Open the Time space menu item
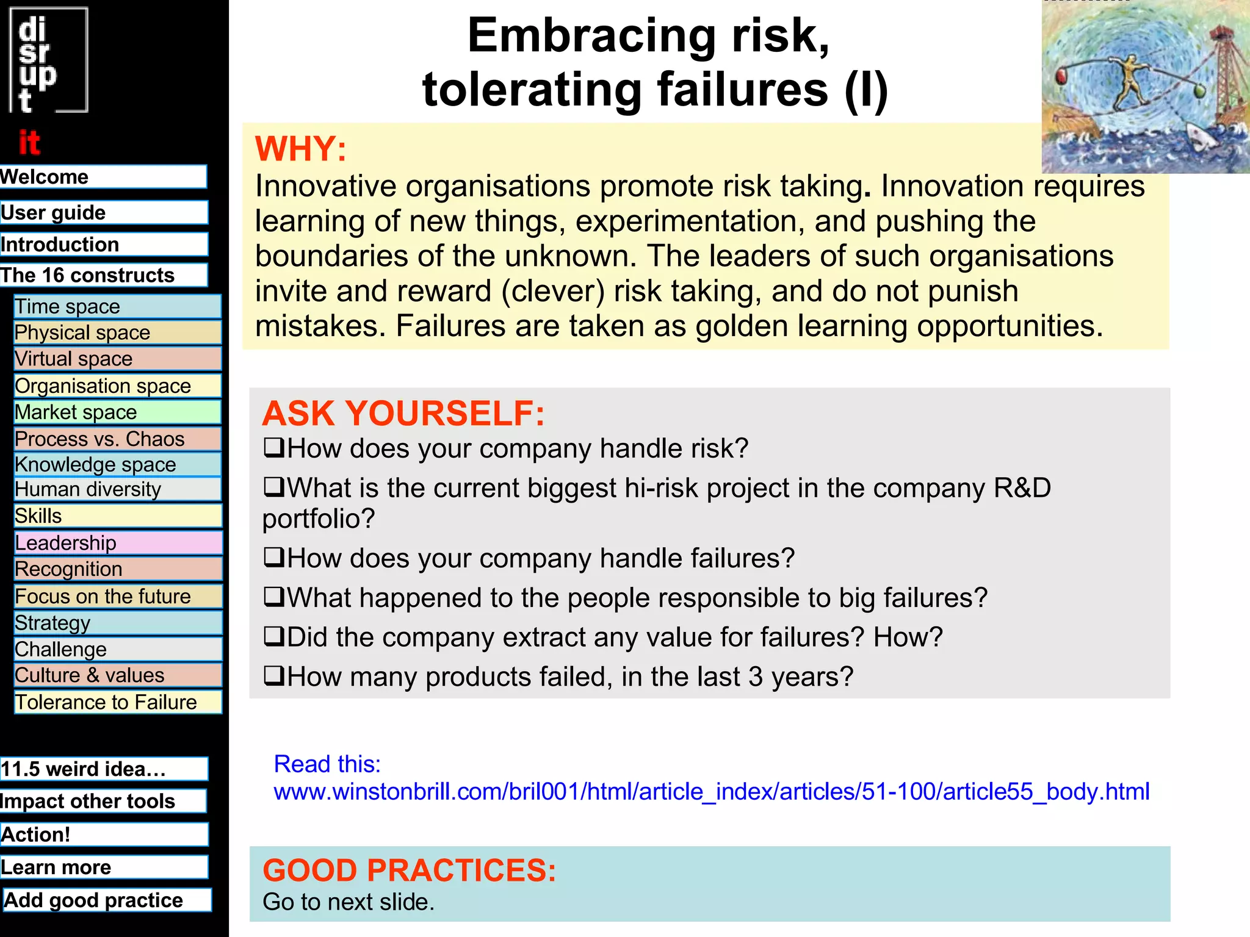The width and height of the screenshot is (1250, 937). (117, 306)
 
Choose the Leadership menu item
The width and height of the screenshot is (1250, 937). (117, 542)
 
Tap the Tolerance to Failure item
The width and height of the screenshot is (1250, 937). (117, 702)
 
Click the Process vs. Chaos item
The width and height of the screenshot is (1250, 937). (117, 439)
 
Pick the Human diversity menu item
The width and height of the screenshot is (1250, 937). (117, 489)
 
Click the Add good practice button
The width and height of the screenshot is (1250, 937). (107, 900)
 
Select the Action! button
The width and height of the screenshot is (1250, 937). (104, 834)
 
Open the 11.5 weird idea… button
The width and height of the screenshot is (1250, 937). (104, 769)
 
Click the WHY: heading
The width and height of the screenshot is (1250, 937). (300, 148)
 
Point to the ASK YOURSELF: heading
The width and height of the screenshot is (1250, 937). (403, 413)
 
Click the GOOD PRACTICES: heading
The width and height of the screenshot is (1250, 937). (409, 870)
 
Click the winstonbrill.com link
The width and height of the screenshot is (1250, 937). (711, 791)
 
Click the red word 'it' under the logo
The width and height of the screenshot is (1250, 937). (29, 143)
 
